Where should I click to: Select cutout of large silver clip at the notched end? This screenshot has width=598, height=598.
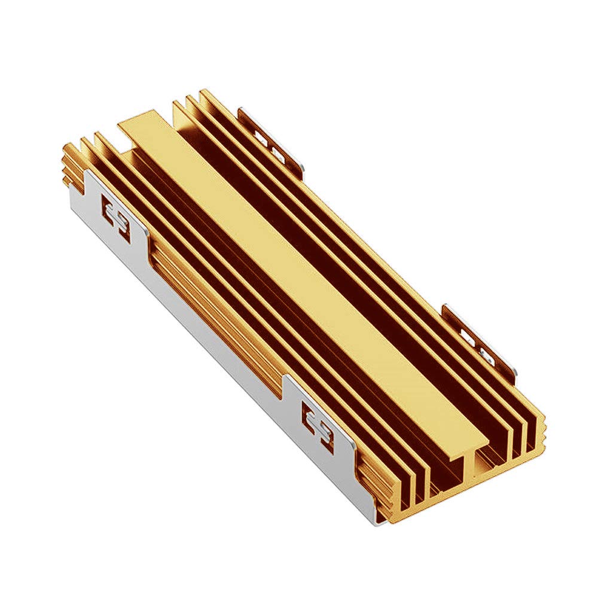[x=117, y=219]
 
